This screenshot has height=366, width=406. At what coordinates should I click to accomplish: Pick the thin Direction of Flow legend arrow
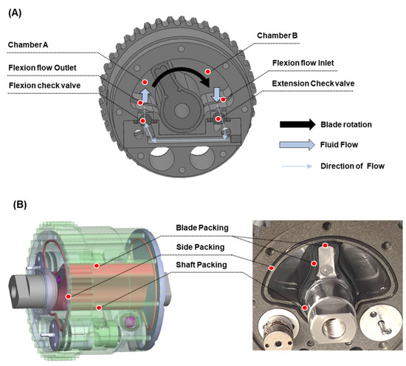click(300, 166)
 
